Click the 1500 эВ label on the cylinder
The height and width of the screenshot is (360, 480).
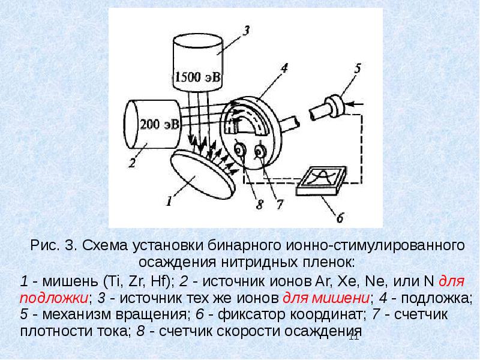(197, 77)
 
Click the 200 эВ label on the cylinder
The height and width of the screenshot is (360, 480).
(159, 124)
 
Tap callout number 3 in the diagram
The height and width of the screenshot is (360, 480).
(246, 31)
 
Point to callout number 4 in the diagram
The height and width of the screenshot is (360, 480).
(284, 68)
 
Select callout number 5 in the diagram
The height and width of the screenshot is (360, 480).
(358, 68)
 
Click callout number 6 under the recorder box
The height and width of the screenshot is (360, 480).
(340, 218)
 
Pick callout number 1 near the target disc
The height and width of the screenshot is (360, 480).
(169, 201)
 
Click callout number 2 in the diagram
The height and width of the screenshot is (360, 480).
(132, 163)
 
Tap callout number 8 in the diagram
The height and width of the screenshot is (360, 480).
(260, 204)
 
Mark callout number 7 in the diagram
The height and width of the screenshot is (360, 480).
(280, 204)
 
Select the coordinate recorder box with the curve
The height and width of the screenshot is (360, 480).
(322, 181)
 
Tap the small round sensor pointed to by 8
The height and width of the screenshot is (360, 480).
(239, 149)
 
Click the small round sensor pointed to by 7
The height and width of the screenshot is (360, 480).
(260, 152)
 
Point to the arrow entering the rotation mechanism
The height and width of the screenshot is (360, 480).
(356, 104)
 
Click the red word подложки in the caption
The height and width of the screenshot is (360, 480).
(54, 298)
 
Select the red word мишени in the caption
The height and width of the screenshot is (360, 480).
(326, 298)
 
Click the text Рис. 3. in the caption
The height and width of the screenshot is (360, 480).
(54, 246)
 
